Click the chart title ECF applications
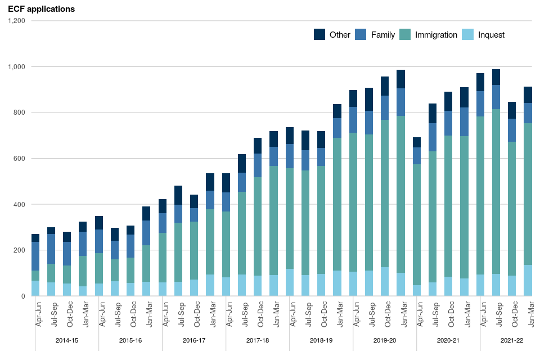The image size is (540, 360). [41, 9]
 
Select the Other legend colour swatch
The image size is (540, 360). [319, 34]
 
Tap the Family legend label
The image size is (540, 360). [382, 35]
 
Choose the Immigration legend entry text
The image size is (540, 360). [436, 35]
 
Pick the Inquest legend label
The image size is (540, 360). [491, 35]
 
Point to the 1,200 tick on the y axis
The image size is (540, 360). [16, 21]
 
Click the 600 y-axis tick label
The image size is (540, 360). [20, 159]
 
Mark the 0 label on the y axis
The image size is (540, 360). [24, 296]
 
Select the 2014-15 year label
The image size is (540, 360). [67, 341]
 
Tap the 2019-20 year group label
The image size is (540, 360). [385, 341]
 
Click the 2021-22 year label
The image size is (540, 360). [512, 341]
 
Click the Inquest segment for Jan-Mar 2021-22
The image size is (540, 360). [528, 280]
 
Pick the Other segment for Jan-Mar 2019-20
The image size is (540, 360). [400, 79]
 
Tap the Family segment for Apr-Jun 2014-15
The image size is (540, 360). [35, 256]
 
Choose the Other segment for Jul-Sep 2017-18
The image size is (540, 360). [242, 163]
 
